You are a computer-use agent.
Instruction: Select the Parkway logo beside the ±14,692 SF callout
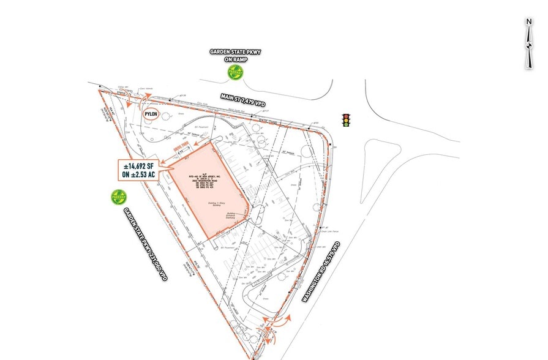[x=118, y=197]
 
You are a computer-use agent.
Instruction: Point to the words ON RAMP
[x=235, y=61]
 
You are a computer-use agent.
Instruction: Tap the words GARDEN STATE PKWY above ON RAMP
[x=235, y=53]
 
